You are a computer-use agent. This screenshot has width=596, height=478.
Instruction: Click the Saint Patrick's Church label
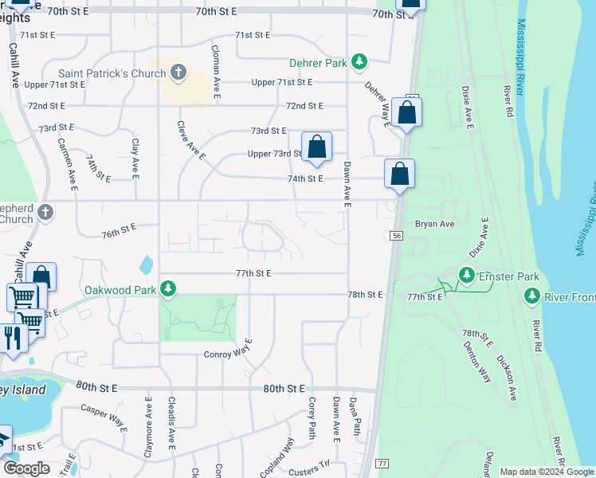(112, 74)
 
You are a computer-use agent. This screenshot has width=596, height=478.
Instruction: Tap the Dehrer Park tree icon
(359, 61)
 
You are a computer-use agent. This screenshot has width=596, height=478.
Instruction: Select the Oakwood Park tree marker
(167, 288)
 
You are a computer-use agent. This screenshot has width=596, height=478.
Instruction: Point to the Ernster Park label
(508, 277)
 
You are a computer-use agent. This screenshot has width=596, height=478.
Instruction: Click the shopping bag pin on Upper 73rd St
(316, 147)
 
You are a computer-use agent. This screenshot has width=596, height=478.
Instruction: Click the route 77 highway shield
(382, 463)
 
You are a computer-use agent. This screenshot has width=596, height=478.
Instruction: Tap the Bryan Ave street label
(434, 224)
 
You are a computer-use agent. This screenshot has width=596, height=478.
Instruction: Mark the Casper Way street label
(104, 418)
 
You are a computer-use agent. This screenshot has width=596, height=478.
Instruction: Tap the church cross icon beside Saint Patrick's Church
(178, 74)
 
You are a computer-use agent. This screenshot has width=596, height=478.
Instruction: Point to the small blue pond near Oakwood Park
(146, 263)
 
